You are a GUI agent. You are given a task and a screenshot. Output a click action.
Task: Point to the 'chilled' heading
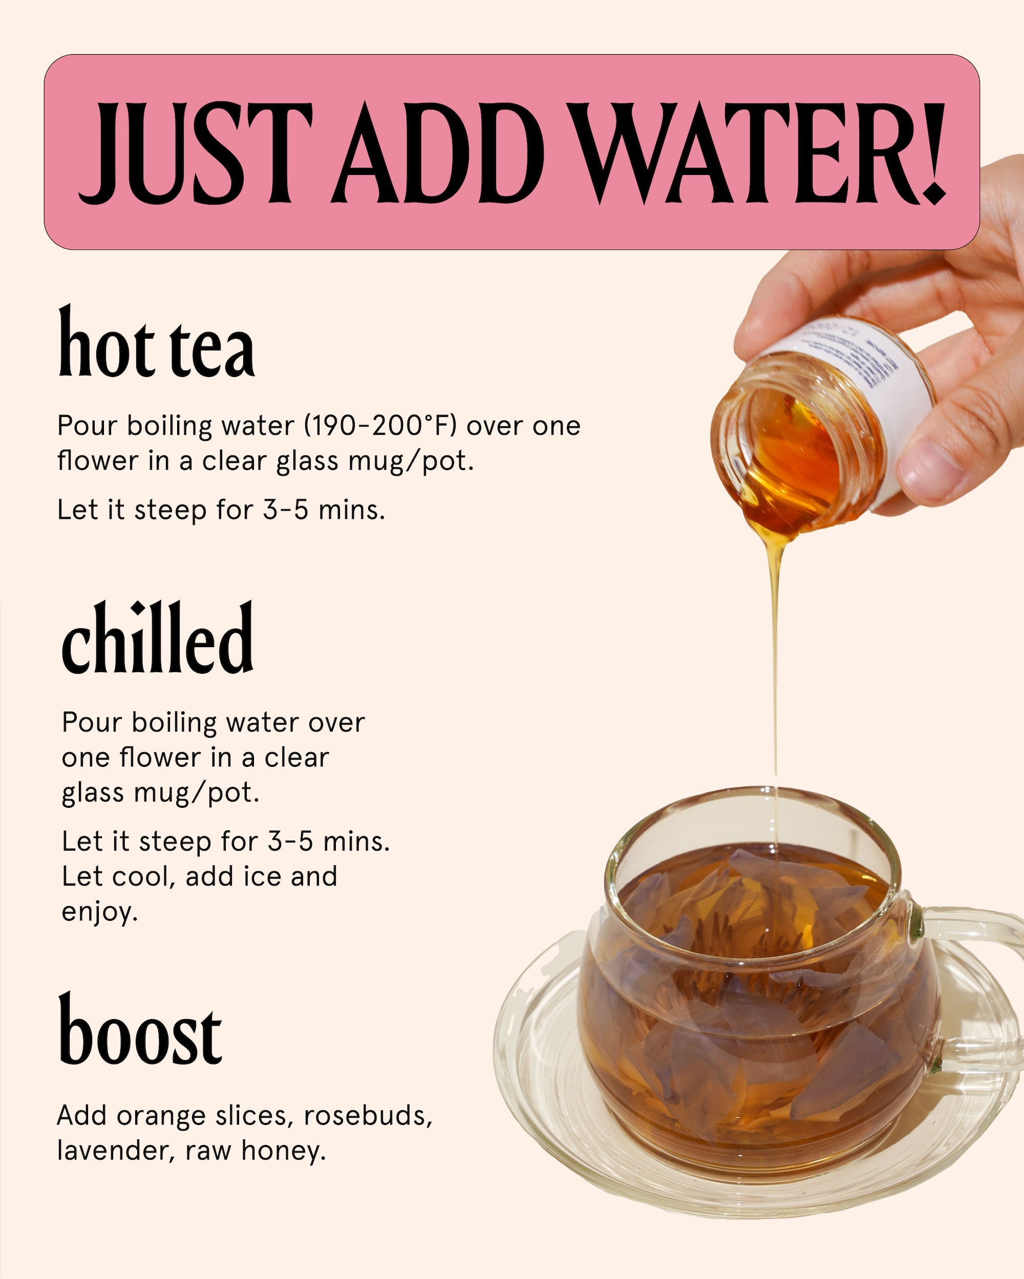(158, 641)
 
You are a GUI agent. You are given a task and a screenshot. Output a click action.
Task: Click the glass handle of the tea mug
(973, 973)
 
